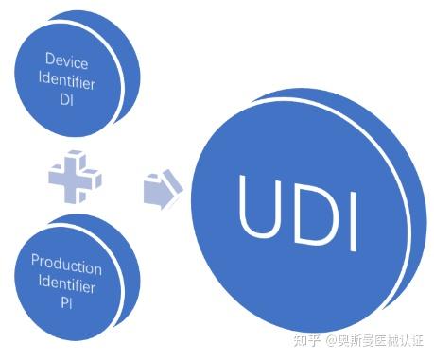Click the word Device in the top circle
67,63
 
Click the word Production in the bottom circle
66,261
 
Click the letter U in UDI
258,205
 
